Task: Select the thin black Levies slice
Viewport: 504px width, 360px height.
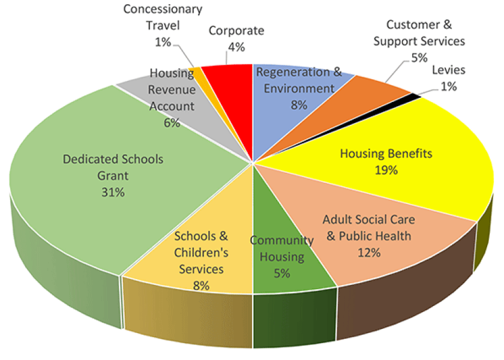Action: click(413, 96)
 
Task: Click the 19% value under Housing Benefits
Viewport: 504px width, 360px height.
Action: click(386, 170)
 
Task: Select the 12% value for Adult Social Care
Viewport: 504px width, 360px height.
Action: click(368, 252)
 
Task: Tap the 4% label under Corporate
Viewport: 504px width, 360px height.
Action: click(236, 47)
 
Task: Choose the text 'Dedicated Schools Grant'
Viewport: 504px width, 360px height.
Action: click(113, 169)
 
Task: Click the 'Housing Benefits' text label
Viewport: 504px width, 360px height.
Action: click(386, 154)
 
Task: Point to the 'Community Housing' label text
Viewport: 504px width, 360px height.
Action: click(281, 249)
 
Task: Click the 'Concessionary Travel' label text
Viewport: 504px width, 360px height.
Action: click(163, 18)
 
